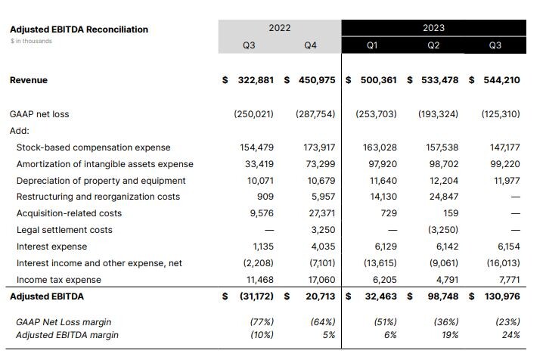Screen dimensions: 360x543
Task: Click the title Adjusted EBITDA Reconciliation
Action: pos(79,29)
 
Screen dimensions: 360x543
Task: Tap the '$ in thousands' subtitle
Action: pos(31,41)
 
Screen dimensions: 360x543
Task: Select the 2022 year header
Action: pos(280,27)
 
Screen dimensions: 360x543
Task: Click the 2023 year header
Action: pos(433,28)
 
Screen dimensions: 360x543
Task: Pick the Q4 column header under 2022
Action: pos(310,45)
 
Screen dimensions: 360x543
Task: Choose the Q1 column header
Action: pos(371,45)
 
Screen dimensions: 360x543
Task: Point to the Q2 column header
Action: pos(433,45)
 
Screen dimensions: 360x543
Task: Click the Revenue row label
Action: pos(29,79)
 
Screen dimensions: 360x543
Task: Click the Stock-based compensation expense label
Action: pos(93,147)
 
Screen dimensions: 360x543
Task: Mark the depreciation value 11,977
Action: pos(507,180)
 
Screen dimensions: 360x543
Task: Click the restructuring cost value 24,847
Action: pos(443,197)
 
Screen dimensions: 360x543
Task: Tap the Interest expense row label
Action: pos(51,247)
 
